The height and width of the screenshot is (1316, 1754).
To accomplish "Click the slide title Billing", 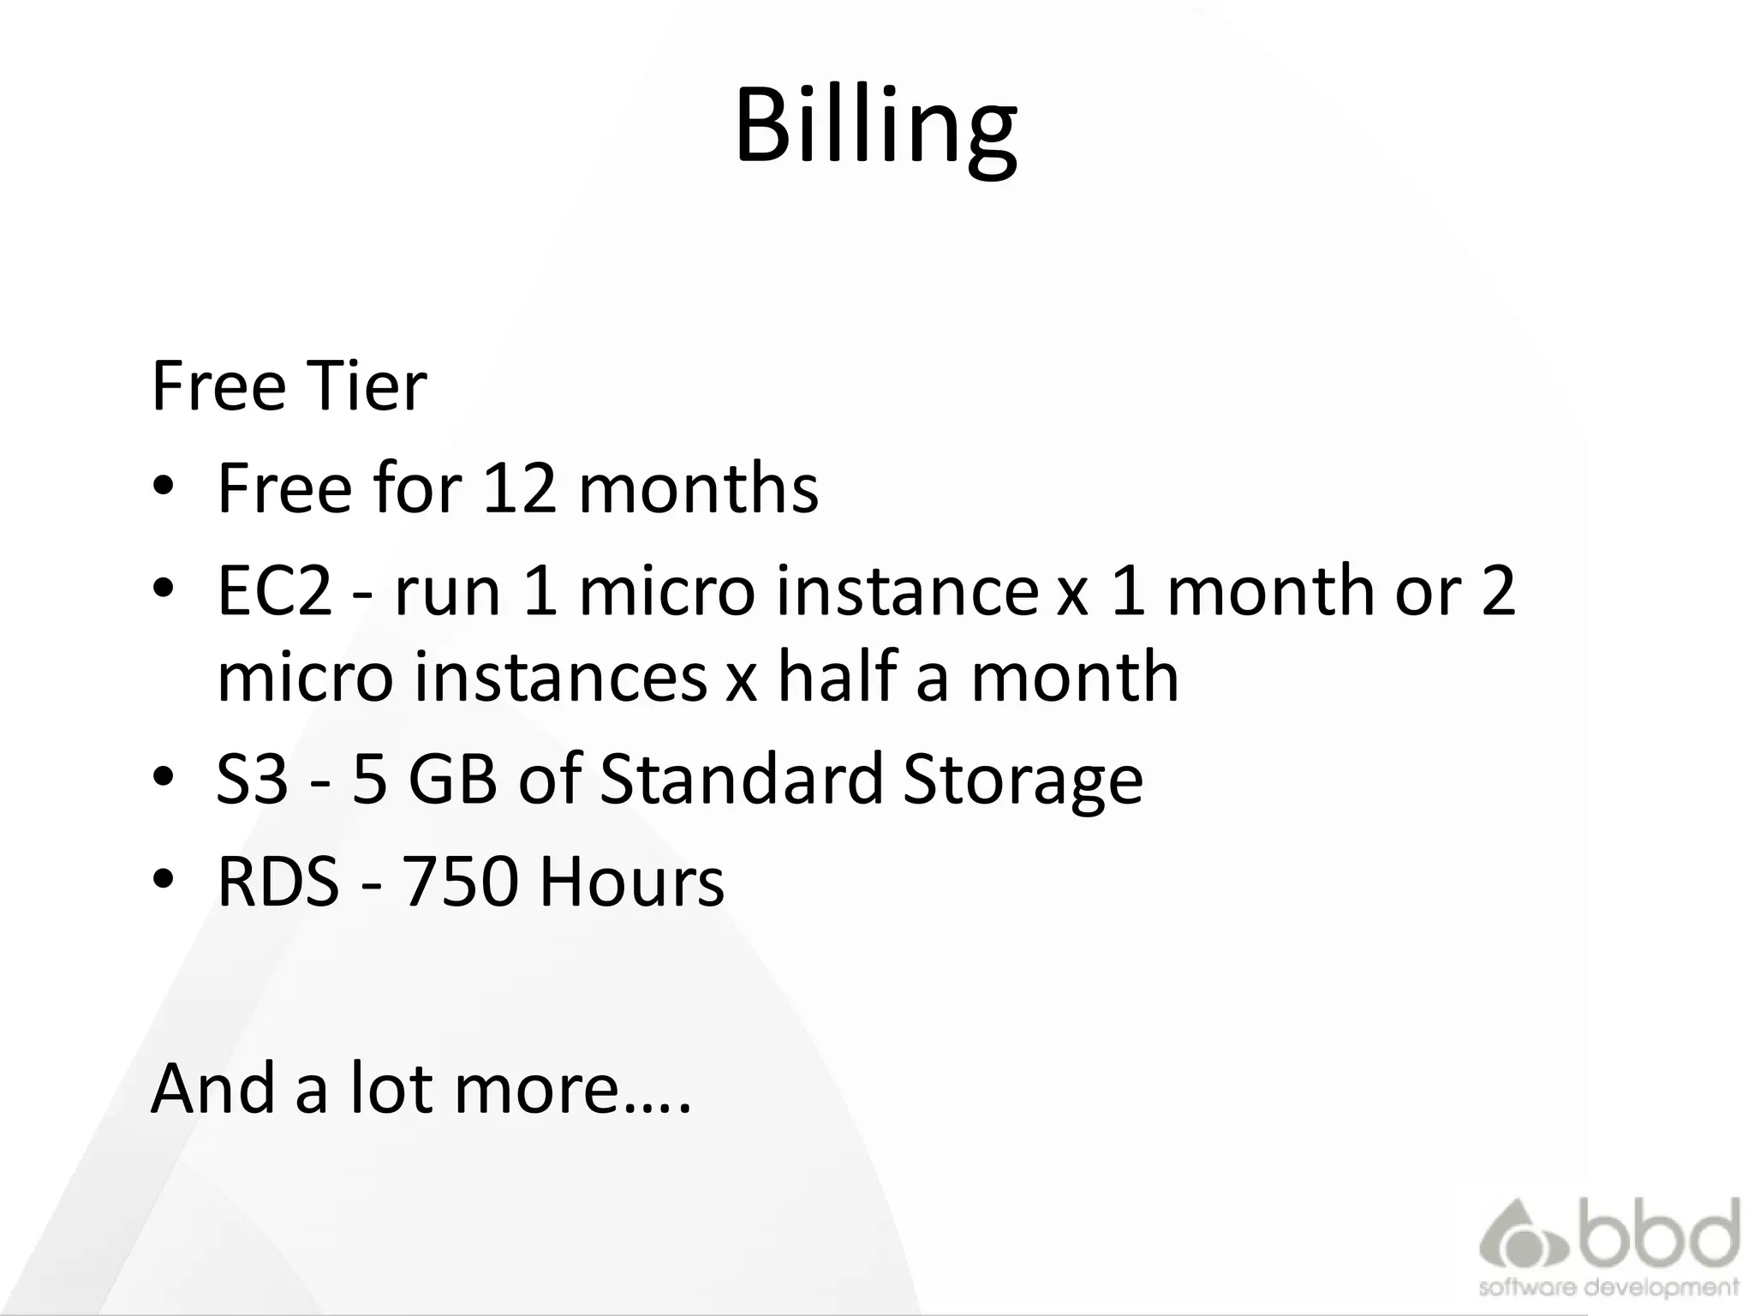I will (875, 127).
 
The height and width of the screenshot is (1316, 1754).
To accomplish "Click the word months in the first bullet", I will (699, 488).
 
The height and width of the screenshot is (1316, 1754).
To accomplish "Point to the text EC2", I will (274, 591).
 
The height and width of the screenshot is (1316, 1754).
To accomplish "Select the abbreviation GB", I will (452, 779).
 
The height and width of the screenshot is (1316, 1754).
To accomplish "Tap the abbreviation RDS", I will (277, 882).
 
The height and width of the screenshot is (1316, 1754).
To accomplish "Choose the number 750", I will (460, 882).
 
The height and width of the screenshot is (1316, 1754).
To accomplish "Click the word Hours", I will (631, 882).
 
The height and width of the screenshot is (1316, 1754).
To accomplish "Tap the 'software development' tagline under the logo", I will (1608, 1288).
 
